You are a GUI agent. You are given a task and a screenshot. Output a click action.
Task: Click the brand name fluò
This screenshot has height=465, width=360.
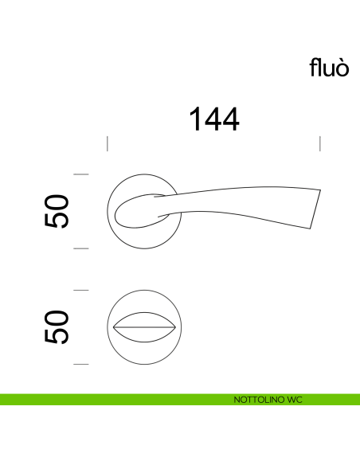329,68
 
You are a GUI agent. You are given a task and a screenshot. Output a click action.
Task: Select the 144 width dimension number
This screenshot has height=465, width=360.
213,119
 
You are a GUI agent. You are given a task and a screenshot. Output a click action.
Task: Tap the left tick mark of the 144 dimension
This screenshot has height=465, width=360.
108,143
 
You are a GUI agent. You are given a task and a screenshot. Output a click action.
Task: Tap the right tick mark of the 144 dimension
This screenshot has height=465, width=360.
319,143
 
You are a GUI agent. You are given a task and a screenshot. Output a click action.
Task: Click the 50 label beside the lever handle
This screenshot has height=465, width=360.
57,211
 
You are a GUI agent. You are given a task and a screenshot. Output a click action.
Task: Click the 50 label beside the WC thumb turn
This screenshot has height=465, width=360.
57,327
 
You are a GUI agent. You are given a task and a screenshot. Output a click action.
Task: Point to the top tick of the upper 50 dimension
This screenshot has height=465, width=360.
80,174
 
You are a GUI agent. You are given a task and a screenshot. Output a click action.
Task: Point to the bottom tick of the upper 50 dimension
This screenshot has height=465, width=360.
80,248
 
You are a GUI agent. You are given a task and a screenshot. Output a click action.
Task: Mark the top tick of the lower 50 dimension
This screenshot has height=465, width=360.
80,290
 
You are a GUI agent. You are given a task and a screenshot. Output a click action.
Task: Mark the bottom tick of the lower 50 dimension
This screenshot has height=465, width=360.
80,364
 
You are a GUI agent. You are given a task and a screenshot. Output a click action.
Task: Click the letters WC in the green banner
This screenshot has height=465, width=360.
294,399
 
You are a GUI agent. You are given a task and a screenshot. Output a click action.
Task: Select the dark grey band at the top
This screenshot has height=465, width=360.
180,25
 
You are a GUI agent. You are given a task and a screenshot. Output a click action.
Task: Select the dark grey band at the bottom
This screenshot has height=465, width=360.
180,438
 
